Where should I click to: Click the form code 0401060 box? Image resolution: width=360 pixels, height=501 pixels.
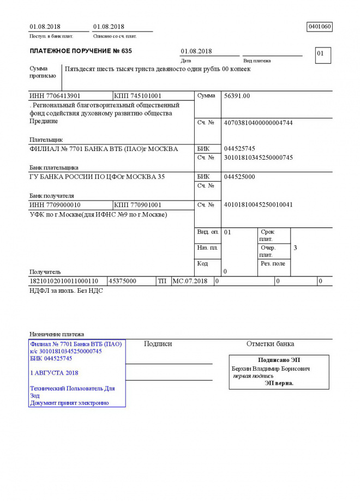320,27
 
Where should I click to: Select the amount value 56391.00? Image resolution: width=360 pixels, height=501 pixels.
237,96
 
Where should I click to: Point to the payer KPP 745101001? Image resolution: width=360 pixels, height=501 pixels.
138,96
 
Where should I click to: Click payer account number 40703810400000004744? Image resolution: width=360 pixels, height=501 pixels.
258,123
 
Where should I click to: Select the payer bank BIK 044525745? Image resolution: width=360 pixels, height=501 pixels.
239,149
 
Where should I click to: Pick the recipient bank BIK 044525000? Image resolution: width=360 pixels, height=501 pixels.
239,177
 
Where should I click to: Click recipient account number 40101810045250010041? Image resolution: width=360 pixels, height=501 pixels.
258,205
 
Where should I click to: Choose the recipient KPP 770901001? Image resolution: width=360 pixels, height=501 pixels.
138,205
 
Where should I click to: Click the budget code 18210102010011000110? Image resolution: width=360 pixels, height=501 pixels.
64,281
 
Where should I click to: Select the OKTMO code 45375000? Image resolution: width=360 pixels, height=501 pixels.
123,281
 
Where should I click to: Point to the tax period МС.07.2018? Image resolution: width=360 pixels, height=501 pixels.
190,281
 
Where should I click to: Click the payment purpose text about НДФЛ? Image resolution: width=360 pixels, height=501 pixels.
65,291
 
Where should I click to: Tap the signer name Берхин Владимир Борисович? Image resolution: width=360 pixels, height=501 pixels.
271,369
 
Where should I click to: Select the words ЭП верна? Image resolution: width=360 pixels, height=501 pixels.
279,383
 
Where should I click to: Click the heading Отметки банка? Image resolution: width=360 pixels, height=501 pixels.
270,344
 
